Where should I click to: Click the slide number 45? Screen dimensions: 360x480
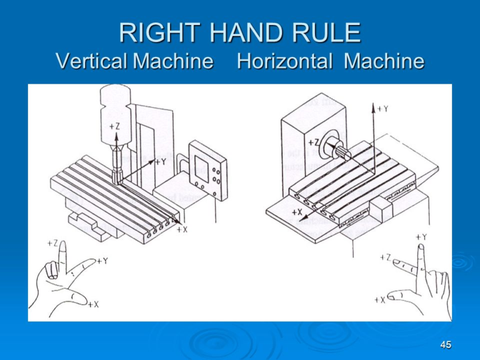(x=444, y=346)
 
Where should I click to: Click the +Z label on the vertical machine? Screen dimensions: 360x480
(x=115, y=127)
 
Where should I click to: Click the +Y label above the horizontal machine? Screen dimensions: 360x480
(x=382, y=109)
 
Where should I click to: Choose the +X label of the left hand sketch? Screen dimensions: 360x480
(x=92, y=304)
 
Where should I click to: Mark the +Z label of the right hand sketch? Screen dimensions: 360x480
(x=386, y=257)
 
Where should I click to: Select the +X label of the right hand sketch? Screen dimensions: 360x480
(x=380, y=300)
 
